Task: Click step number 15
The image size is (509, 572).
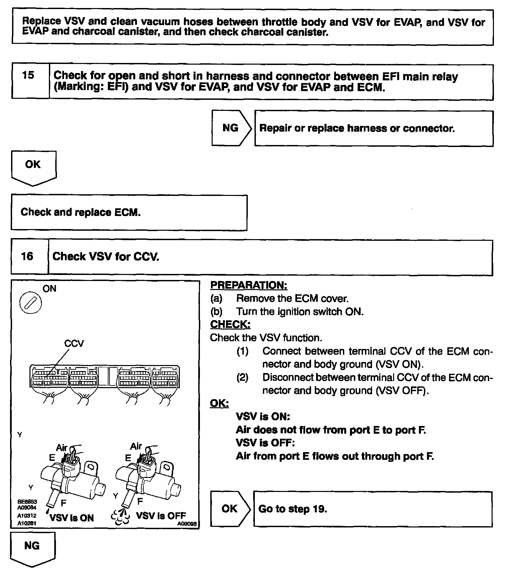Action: click(28, 75)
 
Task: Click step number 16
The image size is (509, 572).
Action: click(27, 257)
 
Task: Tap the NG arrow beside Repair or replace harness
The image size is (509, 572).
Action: click(231, 128)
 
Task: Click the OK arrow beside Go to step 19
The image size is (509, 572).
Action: click(230, 509)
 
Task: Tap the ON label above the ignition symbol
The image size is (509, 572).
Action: click(50, 289)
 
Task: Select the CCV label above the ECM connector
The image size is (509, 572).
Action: click(74, 344)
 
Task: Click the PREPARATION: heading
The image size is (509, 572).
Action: click(248, 285)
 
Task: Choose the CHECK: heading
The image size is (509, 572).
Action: click(230, 325)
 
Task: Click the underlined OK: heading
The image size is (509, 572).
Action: click(219, 404)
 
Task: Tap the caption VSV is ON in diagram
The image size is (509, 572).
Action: click(72, 518)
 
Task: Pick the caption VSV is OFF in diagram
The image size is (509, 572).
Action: click(161, 516)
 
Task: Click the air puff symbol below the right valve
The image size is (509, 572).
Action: click(121, 518)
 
